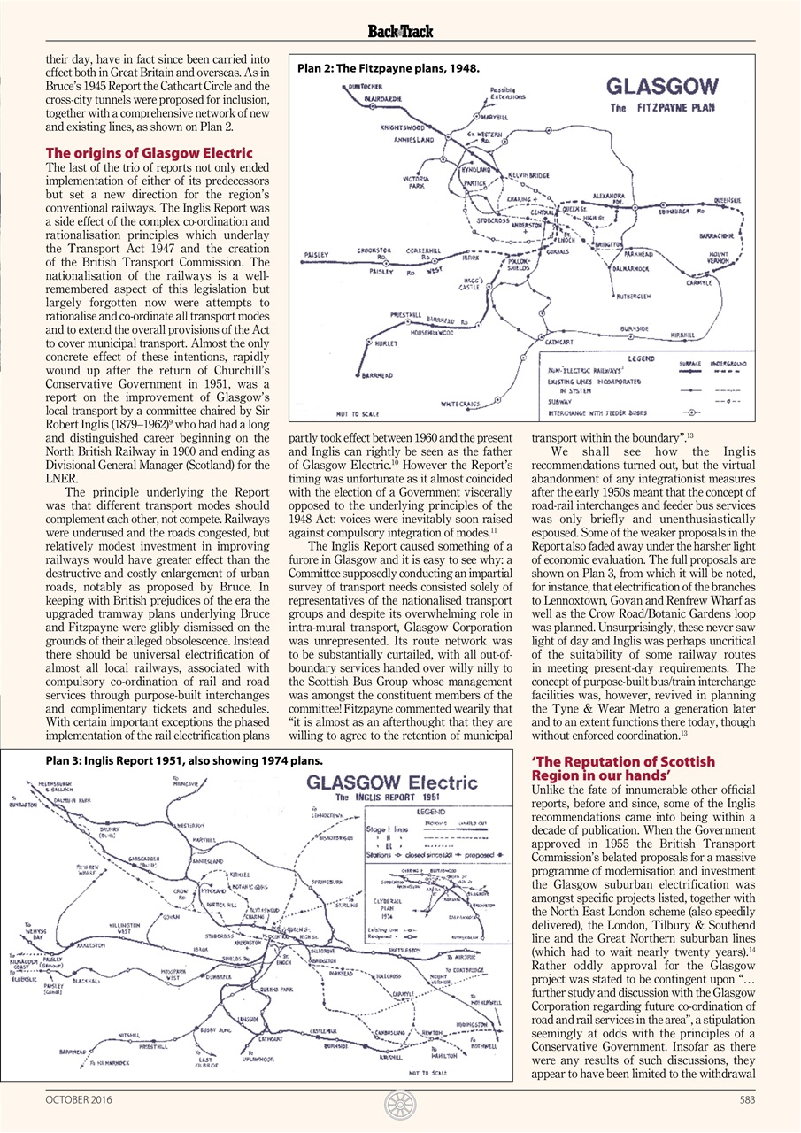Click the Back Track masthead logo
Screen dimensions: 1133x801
(400, 32)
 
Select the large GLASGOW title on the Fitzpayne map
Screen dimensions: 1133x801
(662, 88)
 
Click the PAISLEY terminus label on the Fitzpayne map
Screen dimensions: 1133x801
(317, 255)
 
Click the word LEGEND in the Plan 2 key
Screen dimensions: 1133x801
(641, 358)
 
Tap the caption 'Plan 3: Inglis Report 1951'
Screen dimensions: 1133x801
(183, 760)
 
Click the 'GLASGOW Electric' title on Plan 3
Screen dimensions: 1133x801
(391, 783)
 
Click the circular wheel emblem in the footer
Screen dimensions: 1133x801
(400, 1103)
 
